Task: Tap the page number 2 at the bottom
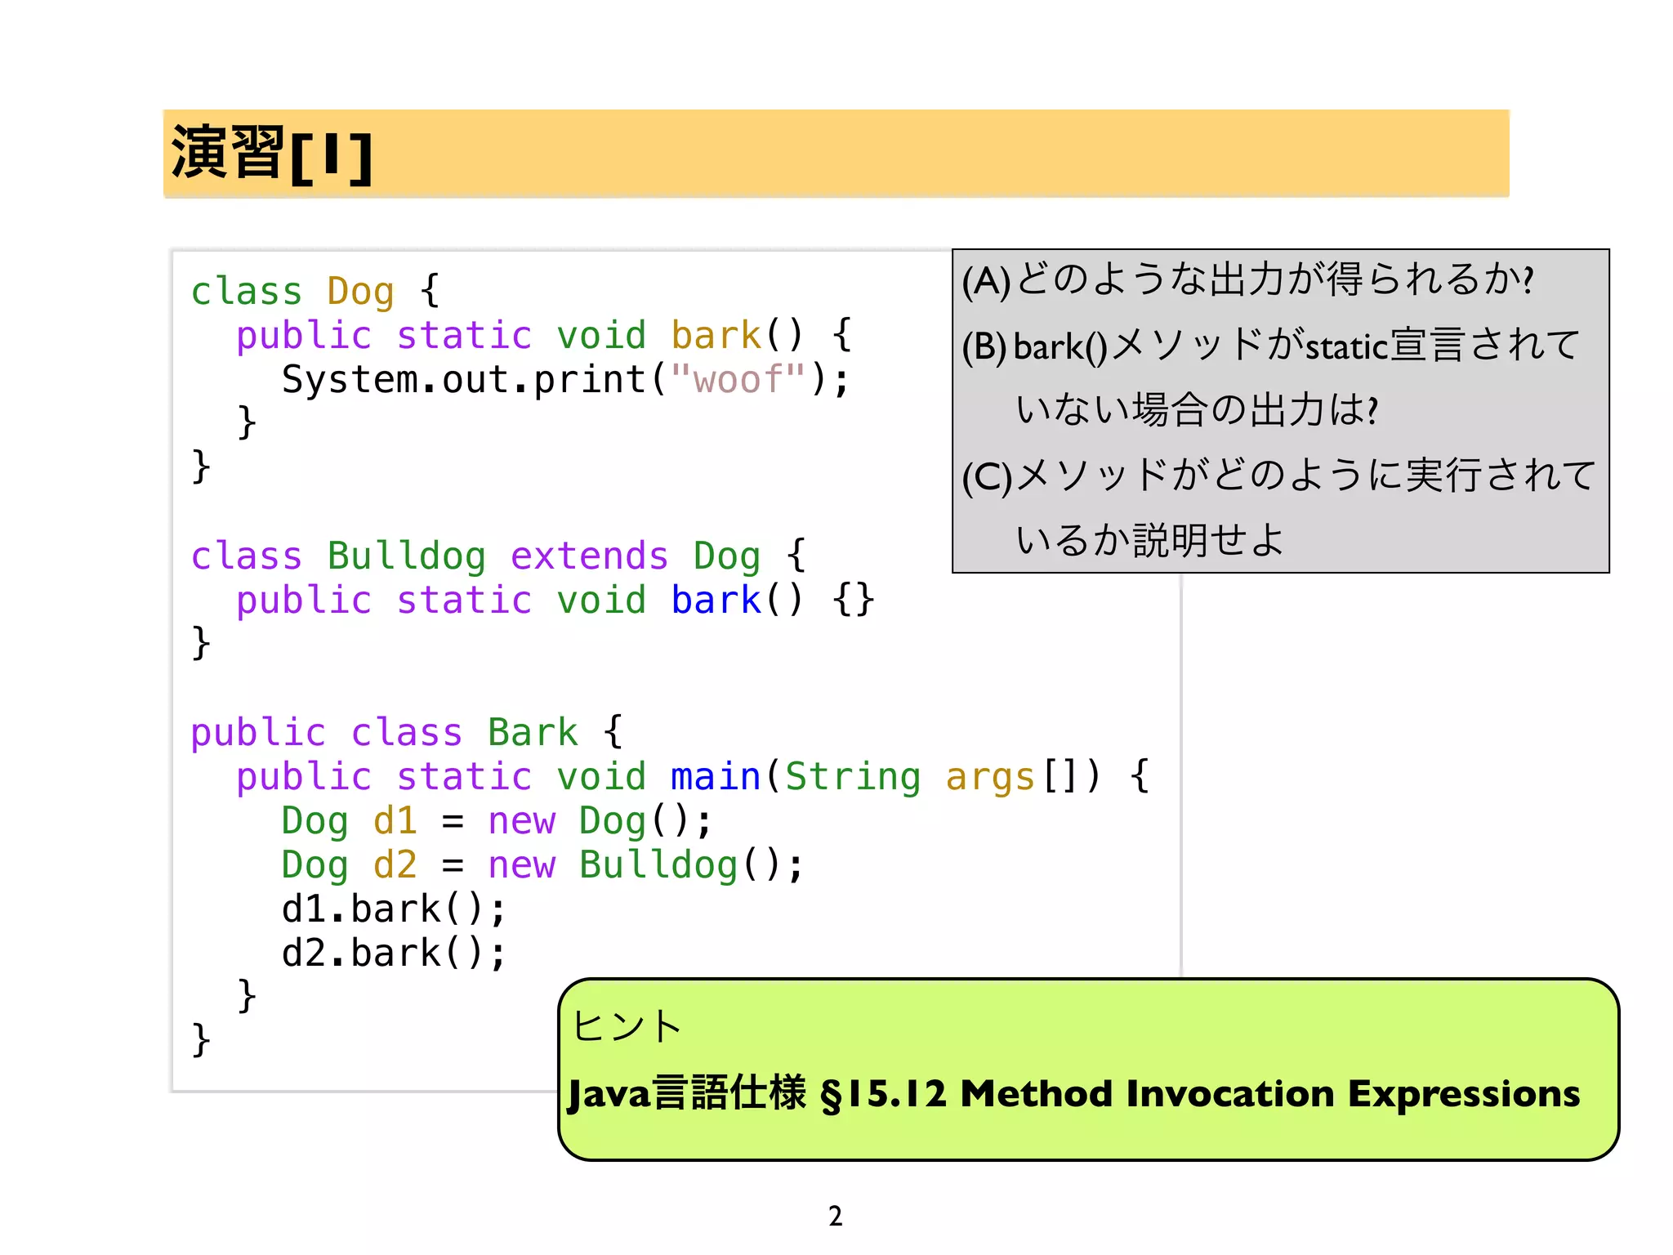pos(835,1216)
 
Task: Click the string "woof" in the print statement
pos(738,379)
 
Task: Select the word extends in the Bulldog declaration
pos(589,556)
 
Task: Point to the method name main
pos(715,776)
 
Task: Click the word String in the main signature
pos(852,776)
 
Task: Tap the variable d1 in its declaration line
pos(395,820)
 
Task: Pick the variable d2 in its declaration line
pos(395,864)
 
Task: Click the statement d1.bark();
pos(394,909)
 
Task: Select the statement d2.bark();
pos(394,953)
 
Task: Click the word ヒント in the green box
pos(627,1025)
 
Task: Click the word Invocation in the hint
pos(1229,1094)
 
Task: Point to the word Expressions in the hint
pos(1463,1094)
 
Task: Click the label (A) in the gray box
pos(986,281)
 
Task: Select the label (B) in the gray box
pos(984,346)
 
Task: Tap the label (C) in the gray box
pos(987,477)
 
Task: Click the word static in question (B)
pos(1347,347)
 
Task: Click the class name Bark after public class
pos(533,732)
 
